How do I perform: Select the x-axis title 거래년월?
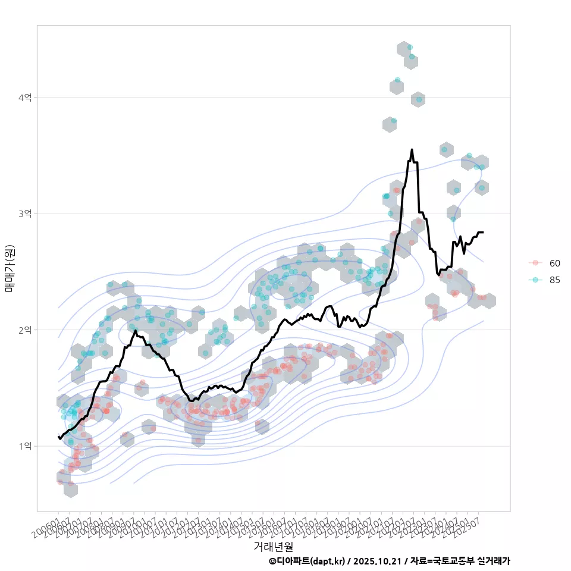point(273,546)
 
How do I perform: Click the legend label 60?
point(554,263)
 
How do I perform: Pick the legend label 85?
point(554,280)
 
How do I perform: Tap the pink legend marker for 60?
point(535,263)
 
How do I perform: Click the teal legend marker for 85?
point(535,280)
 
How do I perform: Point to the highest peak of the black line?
point(412,150)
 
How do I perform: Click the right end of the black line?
point(482,232)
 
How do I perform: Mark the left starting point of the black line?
point(58,437)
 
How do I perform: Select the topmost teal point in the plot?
point(410,47)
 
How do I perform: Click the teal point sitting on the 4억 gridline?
point(419,99)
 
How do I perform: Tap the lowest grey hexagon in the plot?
point(71,489)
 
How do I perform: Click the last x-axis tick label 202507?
point(473,526)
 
